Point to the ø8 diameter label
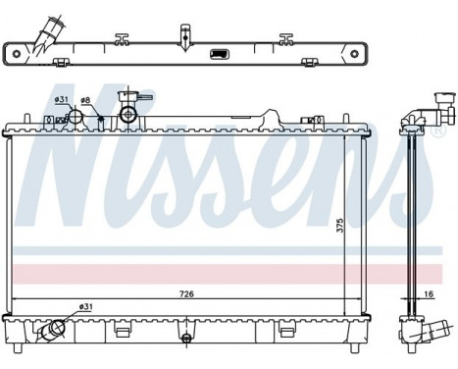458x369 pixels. click(x=85, y=100)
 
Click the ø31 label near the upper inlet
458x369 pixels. click(x=61, y=100)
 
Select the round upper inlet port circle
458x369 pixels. click(x=75, y=117)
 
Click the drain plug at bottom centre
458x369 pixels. click(x=186, y=339)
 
